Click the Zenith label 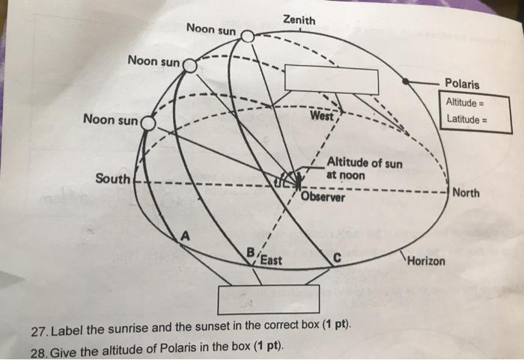tap(299, 20)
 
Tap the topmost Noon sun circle tap(248, 34)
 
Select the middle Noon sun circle tap(189, 66)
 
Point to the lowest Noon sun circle tap(147, 122)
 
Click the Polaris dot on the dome tap(405, 80)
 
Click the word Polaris tap(462, 84)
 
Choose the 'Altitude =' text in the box tap(466, 102)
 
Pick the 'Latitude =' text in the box tap(466, 118)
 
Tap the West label tap(322, 117)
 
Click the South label tap(112, 179)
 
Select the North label tap(466, 193)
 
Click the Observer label tap(323, 198)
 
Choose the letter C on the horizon tap(338, 257)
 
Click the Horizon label tap(426, 261)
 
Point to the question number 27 tap(37, 331)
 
